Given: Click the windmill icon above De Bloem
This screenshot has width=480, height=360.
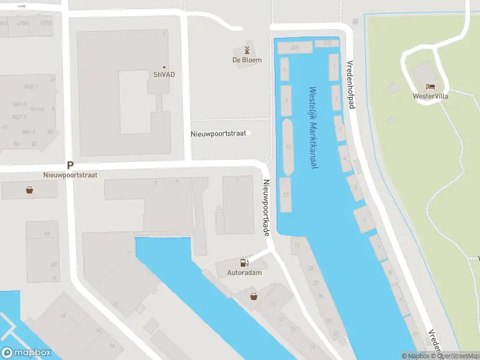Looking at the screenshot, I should click(247, 50).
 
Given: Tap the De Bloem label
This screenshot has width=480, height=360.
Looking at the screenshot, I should click(247, 60).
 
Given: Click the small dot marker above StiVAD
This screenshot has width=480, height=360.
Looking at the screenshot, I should click(164, 67).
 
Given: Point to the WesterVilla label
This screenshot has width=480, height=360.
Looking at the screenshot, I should click(431, 96).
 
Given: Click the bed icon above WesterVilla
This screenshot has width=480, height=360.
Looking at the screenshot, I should click(430, 87).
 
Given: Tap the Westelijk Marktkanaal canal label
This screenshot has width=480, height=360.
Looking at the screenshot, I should click(313, 128).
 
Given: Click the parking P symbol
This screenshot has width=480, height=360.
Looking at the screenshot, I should click(70, 165).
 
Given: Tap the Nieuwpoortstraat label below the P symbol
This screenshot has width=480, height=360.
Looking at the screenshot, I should click(70, 175).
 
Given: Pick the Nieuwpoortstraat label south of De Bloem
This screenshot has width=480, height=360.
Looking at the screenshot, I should click(218, 133).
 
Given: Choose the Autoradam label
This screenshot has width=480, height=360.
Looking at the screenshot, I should click(244, 272).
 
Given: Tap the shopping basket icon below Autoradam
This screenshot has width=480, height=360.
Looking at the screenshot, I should click(254, 296).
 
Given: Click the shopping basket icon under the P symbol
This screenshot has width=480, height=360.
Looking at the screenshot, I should click(29, 190).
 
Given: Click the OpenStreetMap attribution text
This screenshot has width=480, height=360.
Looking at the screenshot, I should click(458, 356).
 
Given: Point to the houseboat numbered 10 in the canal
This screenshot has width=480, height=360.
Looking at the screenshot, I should click(288, 146).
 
